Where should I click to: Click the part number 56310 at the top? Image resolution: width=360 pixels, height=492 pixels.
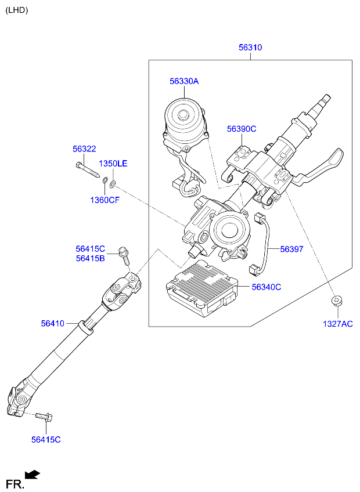[250, 48]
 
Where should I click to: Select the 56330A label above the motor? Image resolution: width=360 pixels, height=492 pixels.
[184, 82]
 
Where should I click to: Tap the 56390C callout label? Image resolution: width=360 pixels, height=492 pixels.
[242, 129]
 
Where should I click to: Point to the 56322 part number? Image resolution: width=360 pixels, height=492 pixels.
[84, 149]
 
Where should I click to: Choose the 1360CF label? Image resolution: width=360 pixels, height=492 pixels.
[105, 200]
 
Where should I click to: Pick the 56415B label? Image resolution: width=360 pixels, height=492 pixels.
[90, 258]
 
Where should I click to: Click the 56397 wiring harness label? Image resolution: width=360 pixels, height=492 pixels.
[291, 249]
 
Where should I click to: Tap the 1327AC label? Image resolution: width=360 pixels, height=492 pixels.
[338, 324]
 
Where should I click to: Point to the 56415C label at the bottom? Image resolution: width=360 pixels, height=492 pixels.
[46, 440]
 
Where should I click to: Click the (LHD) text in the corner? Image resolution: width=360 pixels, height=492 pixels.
[16, 10]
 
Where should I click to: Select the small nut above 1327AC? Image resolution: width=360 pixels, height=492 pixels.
[335, 301]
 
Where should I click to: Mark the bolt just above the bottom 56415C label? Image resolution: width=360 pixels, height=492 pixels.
[44, 415]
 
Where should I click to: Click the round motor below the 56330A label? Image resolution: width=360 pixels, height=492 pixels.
[185, 119]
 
